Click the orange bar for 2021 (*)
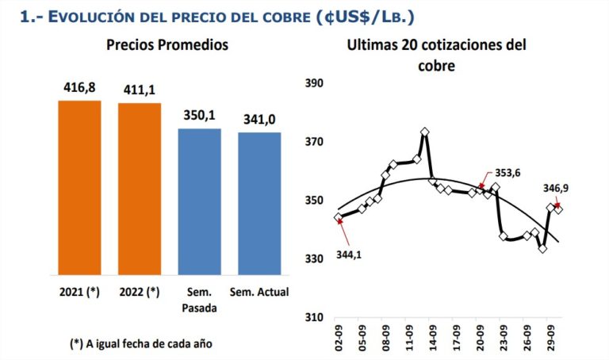click(79, 187)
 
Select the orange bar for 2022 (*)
click(140, 189)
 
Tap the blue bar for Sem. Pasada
click(199, 201)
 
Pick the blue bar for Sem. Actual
click(259, 204)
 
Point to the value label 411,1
click(140, 90)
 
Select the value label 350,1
click(199, 116)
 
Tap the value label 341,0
click(259, 120)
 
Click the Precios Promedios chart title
click(167, 45)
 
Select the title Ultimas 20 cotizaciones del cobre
click(436, 56)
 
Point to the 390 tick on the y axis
click(314, 83)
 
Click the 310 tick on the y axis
click(314, 318)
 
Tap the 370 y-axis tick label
click(314, 142)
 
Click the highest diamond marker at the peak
click(426, 132)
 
